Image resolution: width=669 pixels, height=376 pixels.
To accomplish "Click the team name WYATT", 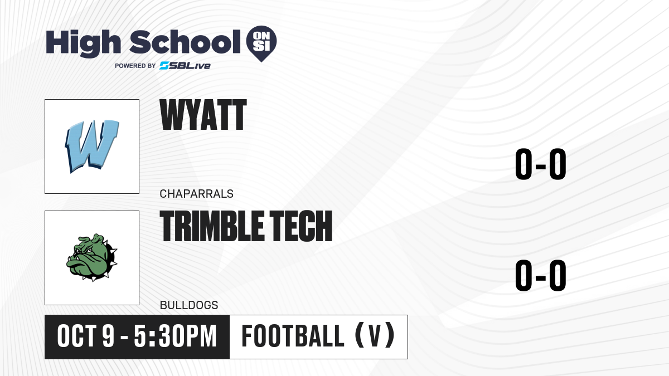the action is point(203,115).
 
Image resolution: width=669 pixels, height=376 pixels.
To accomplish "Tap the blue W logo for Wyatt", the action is point(92,146).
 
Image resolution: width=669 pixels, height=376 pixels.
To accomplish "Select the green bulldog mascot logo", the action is point(91,257).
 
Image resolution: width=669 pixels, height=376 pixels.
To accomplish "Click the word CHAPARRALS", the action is point(196,194).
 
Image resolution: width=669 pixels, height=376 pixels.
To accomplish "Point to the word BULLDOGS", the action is point(189,305).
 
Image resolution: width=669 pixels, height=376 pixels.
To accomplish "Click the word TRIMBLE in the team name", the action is point(212,226).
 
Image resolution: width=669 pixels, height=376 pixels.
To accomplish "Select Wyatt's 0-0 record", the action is point(541,164).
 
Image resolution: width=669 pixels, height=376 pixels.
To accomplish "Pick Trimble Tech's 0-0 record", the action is point(541,275).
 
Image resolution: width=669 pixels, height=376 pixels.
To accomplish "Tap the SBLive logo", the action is point(185,66).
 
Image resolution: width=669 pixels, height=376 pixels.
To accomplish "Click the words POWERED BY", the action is point(135,66).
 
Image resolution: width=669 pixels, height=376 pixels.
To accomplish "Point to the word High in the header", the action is point(83,43).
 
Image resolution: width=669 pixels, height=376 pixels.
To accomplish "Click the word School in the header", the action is point(185,42).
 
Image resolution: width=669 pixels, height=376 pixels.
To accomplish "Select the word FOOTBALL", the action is point(293,336).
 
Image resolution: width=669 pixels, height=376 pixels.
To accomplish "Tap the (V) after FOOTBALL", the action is point(375,336).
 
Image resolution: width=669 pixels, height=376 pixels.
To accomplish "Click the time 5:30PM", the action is point(175,336).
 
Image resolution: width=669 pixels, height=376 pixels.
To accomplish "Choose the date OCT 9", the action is point(86,336).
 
